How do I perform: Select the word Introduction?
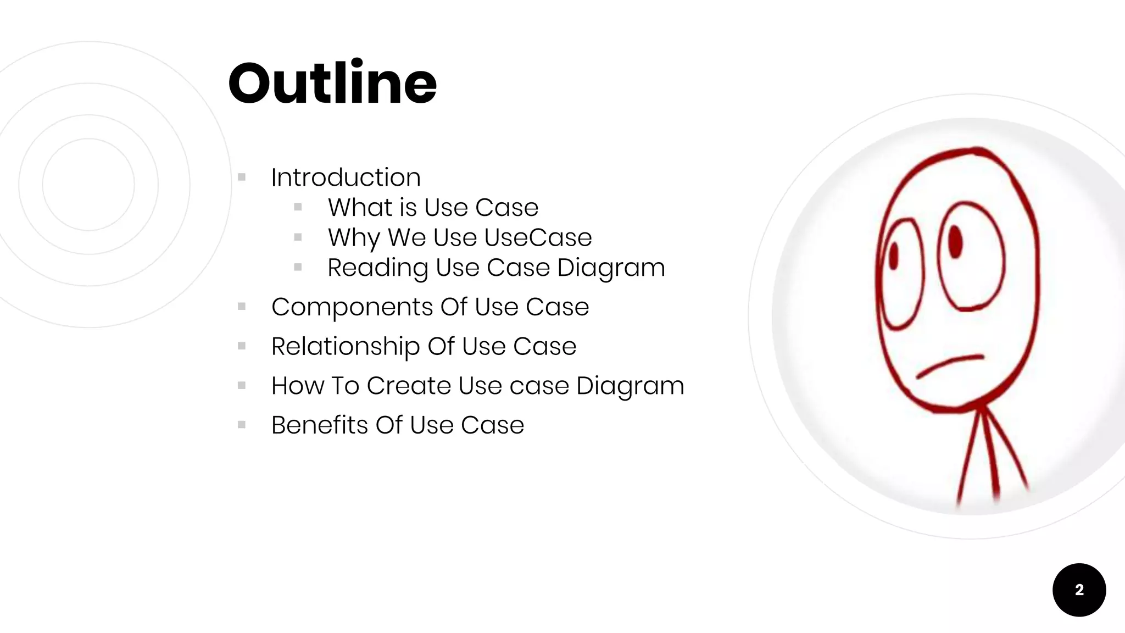(346, 177)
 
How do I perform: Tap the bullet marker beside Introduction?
(242, 177)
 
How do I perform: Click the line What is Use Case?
(433, 208)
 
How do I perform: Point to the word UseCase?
(538, 237)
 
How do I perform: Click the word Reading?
(377, 268)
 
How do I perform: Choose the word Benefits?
(319, 425)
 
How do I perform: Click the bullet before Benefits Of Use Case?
(242, 425)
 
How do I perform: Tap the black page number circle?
(1079, 590)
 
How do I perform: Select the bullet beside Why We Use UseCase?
(298, 237)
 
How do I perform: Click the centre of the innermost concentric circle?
(88, 185)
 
